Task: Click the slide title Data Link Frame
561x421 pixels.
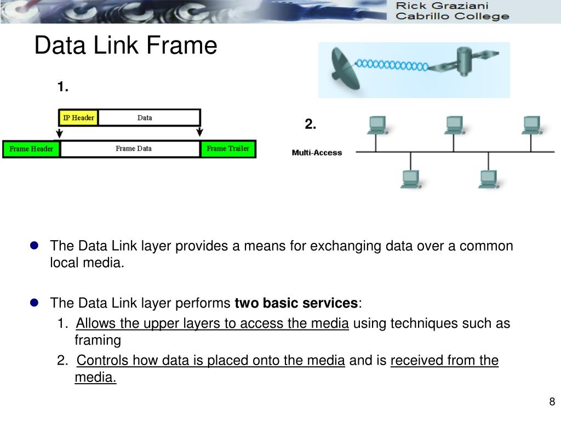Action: coord(125,45)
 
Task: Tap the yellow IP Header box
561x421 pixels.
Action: coord(78,118)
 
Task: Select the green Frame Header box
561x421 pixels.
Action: coord(31,149)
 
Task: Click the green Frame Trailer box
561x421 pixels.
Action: coord(228,149)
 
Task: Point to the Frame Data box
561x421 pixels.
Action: coord(133,149)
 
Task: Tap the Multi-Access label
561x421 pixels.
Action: coord(317,153)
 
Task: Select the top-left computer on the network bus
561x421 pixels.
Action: coord(376,126)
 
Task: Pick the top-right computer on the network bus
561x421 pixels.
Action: coord(531,126)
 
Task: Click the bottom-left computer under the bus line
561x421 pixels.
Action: coord(410,179)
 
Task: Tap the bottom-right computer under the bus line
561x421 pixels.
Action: coord(487,179)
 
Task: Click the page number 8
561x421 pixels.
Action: coord(552,402)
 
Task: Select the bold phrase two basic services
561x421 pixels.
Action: coord(296,303)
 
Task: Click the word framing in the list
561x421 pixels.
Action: coord(98,340)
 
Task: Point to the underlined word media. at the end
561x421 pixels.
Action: coord(95,378)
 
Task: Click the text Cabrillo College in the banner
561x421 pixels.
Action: coord(452,16)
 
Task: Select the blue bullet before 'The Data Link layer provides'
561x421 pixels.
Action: coord(34,246)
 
